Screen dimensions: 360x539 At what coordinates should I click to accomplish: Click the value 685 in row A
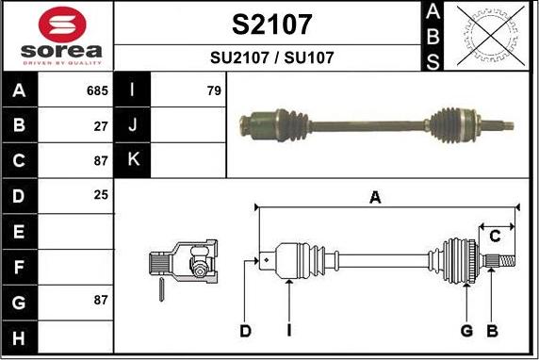[x=97, y=91]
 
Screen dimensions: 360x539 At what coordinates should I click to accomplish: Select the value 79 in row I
[x=214, y=91]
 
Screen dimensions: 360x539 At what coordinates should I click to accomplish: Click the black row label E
[x=20, y=231]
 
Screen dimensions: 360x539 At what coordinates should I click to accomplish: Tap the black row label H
[x=20, y=335]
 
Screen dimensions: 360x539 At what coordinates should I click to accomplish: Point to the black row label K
[x=133, y=160]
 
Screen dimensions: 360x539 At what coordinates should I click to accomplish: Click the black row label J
[x=133, y=125]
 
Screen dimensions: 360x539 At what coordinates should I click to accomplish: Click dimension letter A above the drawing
[x=375, y=198]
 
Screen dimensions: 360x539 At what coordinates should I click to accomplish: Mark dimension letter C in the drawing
[x=494, y=236]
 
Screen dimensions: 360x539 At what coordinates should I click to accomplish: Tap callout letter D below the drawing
[x=245, y=330]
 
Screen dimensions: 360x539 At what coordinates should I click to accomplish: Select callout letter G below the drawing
[x=465, y=330]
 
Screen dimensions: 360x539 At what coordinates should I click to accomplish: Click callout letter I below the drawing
[x=288, y=330]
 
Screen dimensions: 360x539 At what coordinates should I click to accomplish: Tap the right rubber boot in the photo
[x=447, y=123]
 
